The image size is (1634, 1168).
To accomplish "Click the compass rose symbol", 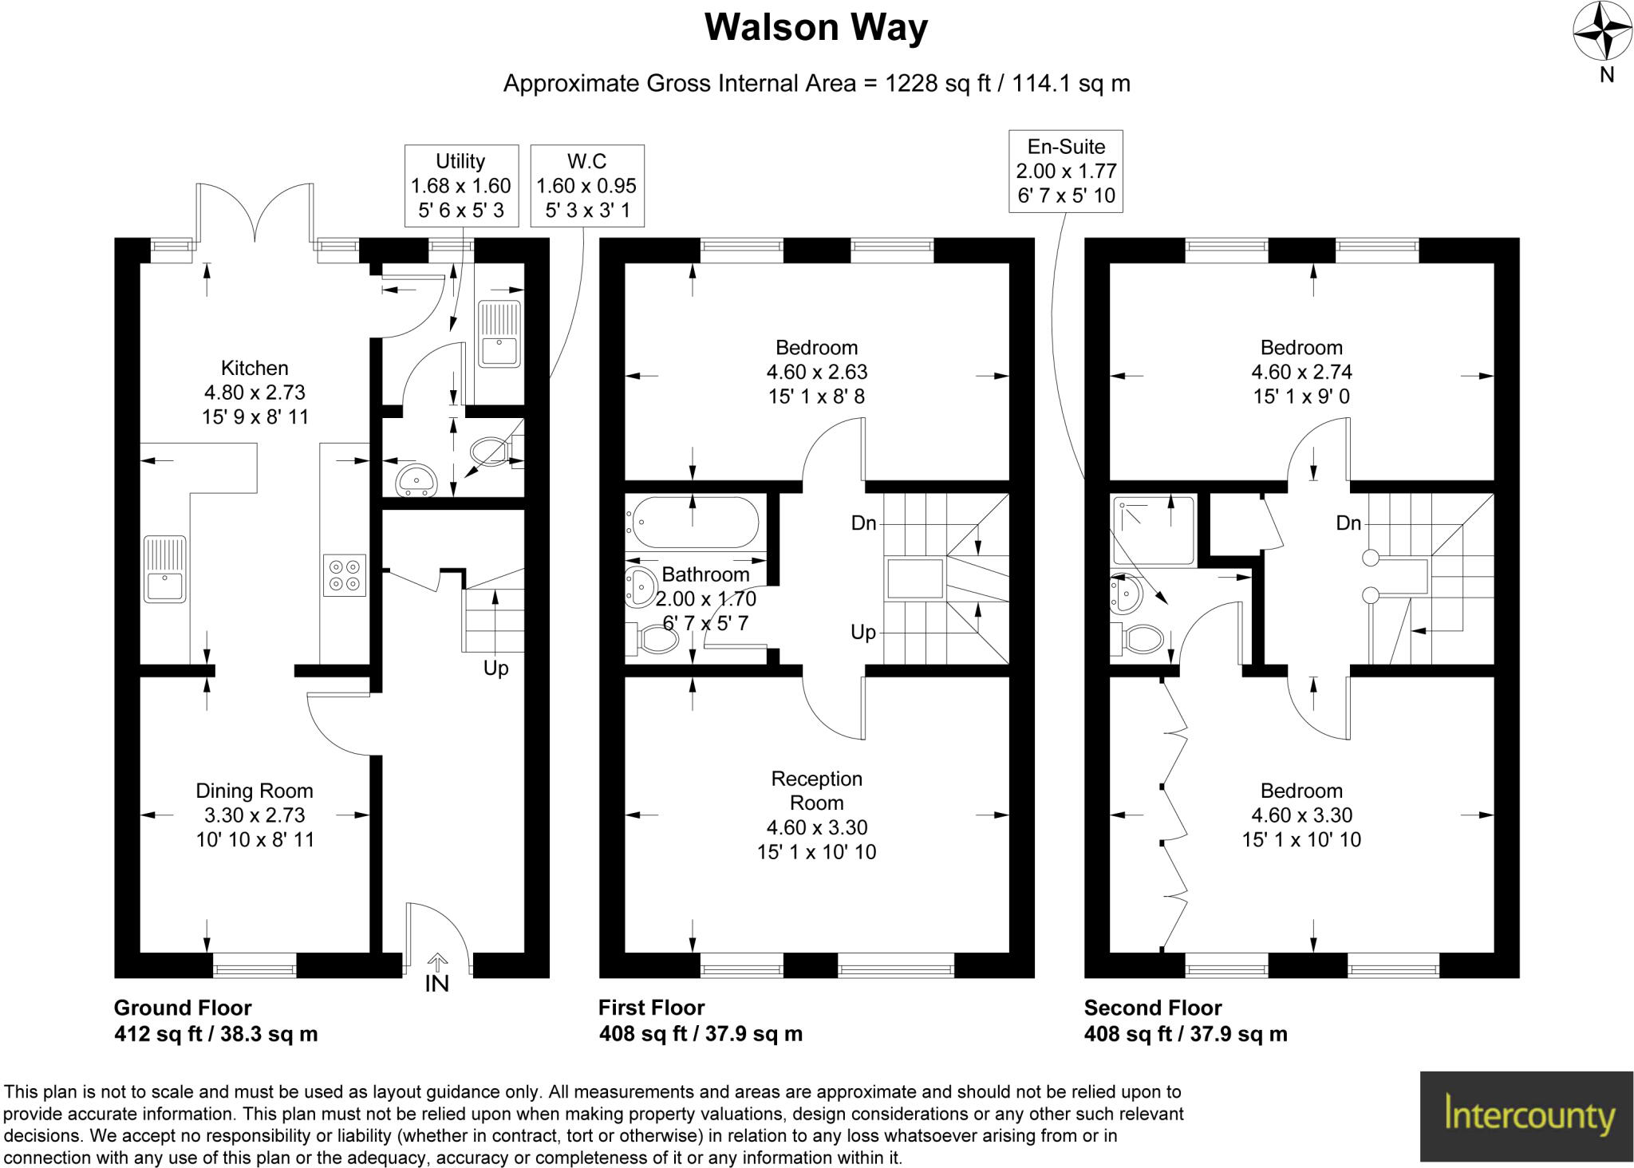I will pyautogui.click(x=1601, y=32).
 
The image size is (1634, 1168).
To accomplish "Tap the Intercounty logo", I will pyautogui.click(x=1526, y=1115).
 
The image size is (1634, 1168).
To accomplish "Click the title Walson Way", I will pyautogui.click(x=815, y=28).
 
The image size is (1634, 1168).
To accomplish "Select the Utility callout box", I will pyautogui.click(x=460, y=186).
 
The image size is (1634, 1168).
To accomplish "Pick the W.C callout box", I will pyautogui.click(x=586, y=186).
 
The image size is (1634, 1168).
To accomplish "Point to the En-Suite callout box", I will pyautogui.click(x=1066, y=171).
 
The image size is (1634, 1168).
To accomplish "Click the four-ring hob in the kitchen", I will pyautogui.click(x=345, y=574).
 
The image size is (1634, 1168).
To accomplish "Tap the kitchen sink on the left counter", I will pyautogui.click(x=165, y=568).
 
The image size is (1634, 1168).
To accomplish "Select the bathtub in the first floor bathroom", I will pyautogui.click(x=693, y=523).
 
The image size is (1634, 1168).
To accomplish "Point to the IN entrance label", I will pyautogui.click(x=436, y=984).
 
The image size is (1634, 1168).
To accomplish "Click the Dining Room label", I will pyautogui.click(x=255, y=791).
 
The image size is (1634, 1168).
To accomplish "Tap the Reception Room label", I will pyautogui.click(x=816, y=790).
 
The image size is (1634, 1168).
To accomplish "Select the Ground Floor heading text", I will pyautogui.click(x=183, y=1008).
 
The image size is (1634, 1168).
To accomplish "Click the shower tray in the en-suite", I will pyautogui.click(x=1154, y=531).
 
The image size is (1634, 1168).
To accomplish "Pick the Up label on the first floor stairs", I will pyautogui.click(x=863, y=632).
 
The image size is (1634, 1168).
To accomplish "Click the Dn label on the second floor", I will pyautogui.click(x=1348, y=523).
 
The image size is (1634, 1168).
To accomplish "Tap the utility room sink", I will pyautogui.click(x=499, y=333).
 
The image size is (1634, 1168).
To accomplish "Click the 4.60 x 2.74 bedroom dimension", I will pyautogui.click(x=1301, y=372).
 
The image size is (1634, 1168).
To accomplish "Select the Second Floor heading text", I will pyautogui.click(x=1152, y=1008).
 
